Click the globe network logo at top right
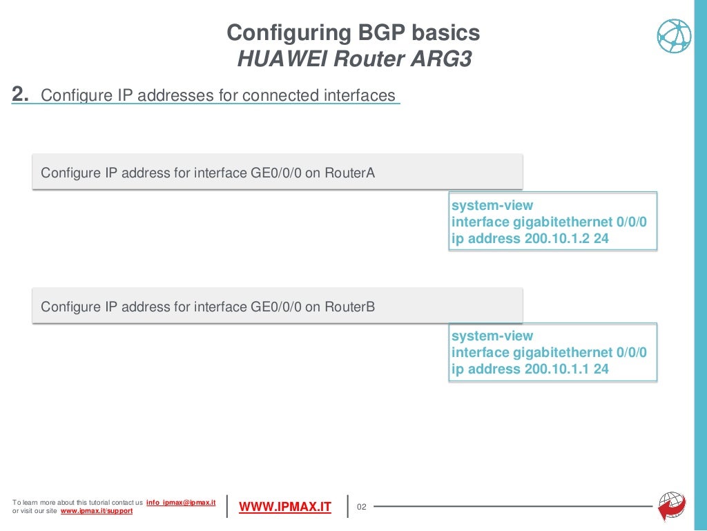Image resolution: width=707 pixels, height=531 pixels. coord(674,36)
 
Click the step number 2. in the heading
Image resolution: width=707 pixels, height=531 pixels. coord(20,95)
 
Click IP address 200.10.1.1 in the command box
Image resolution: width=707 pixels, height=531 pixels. coord(558,369)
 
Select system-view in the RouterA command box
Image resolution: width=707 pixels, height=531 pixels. coord(492,205)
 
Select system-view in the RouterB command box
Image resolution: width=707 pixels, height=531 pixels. coord(492,336)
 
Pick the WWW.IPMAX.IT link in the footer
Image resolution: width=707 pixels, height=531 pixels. coord(285,508)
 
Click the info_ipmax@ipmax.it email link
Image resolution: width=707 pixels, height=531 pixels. coord(182,502)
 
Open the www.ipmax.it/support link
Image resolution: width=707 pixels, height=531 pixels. coord(97,511)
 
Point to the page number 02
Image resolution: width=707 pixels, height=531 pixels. coord(360,508)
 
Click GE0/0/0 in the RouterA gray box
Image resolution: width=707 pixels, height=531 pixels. coord(276,172)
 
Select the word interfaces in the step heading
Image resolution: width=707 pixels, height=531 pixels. coord(360,95)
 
